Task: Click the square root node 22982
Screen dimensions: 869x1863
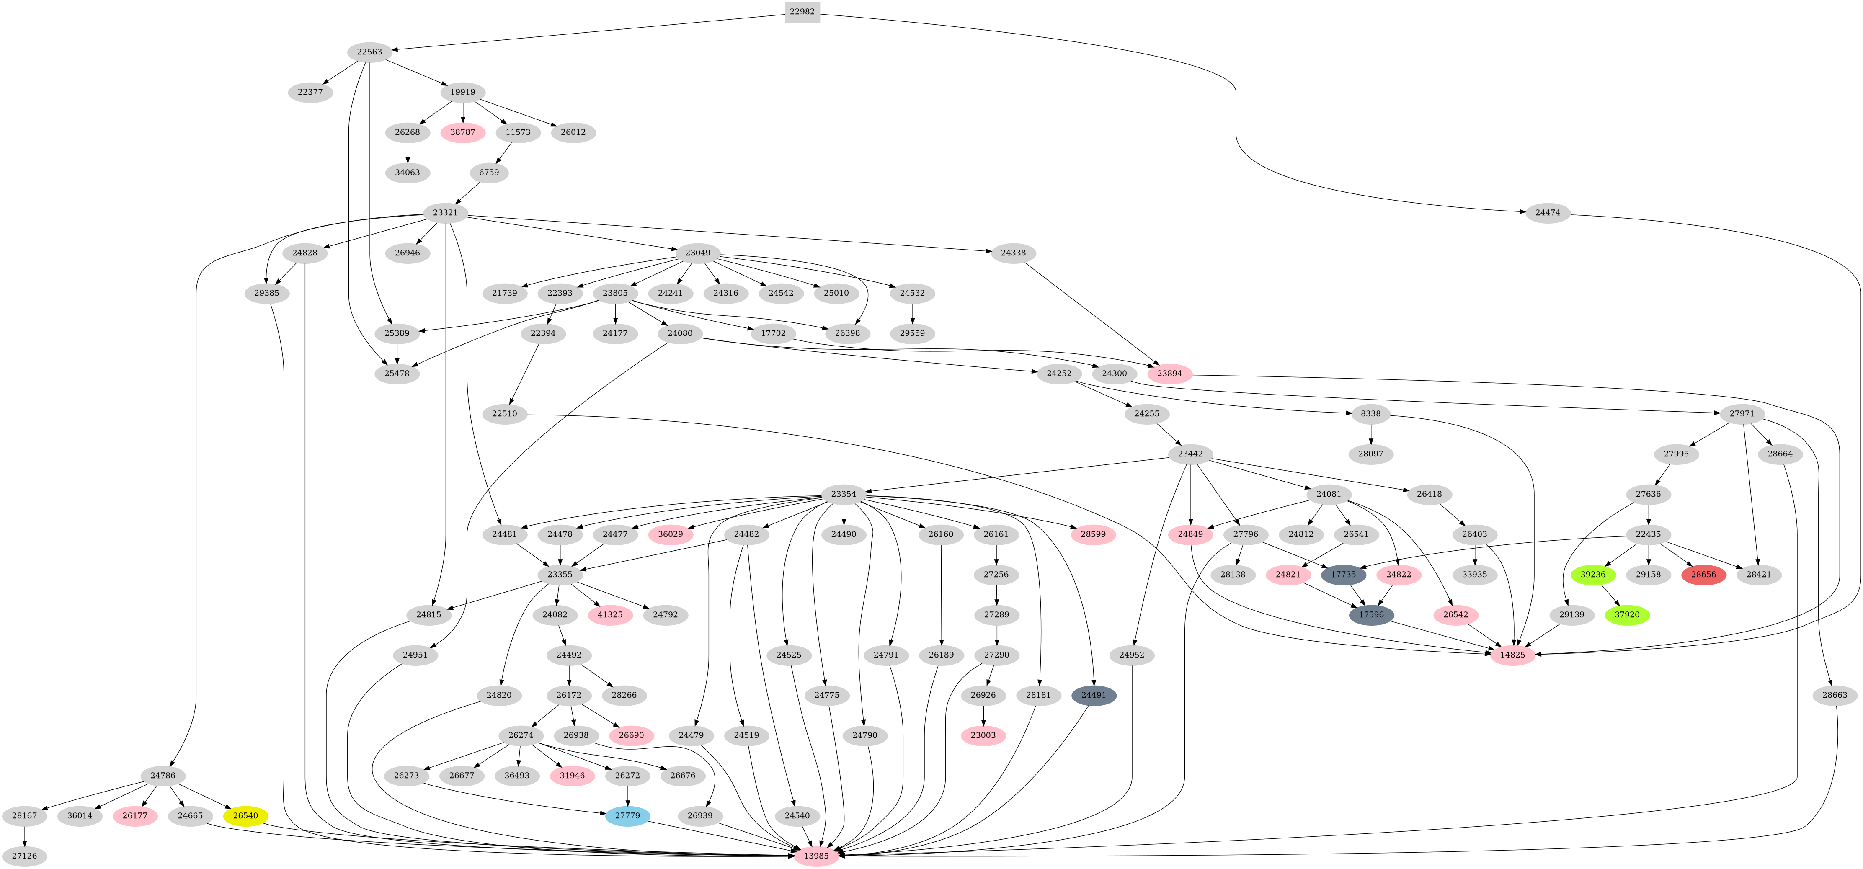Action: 802,12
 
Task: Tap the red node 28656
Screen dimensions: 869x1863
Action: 1703,575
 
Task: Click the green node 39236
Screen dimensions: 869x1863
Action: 1593,575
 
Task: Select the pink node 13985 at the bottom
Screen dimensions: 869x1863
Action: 816,856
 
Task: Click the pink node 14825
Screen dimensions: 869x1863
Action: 1512,655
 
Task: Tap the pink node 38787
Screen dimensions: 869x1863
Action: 463,132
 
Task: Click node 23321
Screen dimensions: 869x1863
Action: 446,213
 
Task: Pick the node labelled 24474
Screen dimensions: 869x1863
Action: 1548,213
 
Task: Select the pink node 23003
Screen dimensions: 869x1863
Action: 983,735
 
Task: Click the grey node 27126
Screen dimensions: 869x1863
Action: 25,856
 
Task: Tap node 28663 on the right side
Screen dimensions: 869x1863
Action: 1835,696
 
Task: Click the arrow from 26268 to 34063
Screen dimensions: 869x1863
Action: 408,152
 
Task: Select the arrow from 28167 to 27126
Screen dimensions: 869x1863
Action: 25,836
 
